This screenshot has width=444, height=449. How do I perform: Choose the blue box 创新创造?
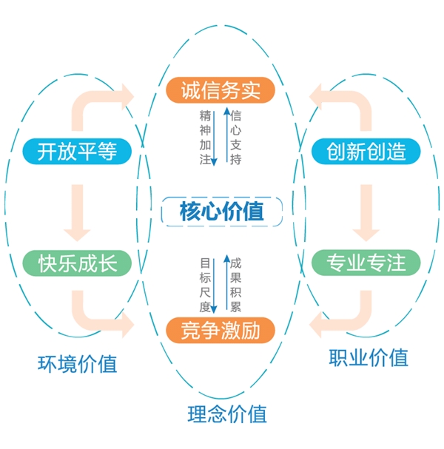(366, 152)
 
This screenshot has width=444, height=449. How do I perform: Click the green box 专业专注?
(366, 263)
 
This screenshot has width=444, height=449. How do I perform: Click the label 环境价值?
(77, 363)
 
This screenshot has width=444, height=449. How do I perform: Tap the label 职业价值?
(368, 357)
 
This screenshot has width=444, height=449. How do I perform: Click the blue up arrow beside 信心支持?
(225, 137)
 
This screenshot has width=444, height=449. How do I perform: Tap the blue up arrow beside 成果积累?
(225, 285)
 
